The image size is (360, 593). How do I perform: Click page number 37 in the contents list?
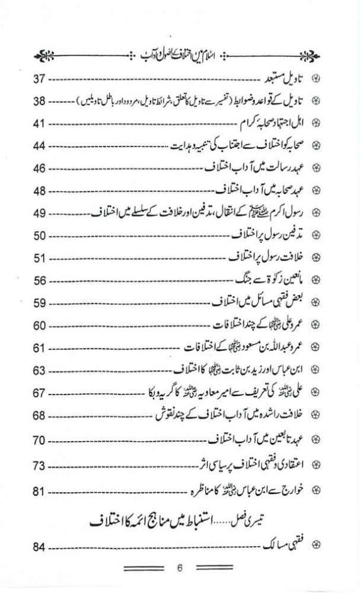click(x=40, y=79)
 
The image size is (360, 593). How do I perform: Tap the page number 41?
click(x=40, y=124)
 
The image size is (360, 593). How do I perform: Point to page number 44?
click(x=40, y=146)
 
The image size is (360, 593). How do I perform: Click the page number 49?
click(x=40, y=213)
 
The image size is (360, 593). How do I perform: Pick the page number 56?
click(x=40, y=280)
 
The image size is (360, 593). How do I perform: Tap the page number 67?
click(x=40, y=393)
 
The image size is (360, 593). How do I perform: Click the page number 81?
click(x=40, y=493)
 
